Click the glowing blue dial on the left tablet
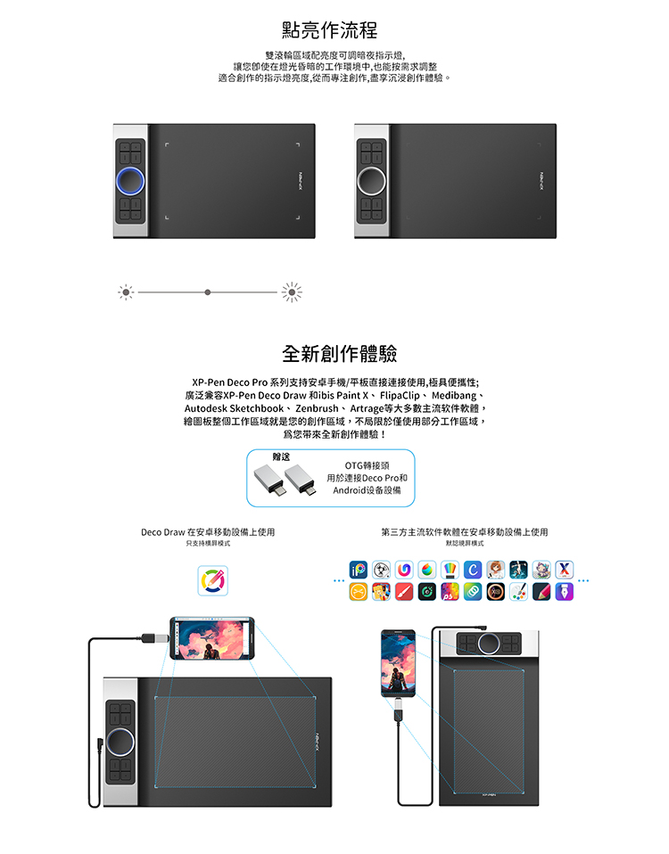coord(130,181)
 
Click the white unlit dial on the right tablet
coord(372,181)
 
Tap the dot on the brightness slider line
coord(208,292)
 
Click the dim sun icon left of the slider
coord(126,292)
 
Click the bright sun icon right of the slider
coord(292,292)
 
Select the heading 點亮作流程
coord(330,30)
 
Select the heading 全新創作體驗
coord(339,354)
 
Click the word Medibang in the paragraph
coord(454,396)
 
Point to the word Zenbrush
coord(317,408)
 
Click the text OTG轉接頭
coord(368,465)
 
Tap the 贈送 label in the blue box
coord(281,457)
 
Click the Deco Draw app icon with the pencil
coord(212,580)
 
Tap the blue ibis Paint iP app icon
coord(358,570)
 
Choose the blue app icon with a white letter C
coord(473,570)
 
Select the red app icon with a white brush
coord(404,592)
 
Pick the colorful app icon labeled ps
coord(450,592)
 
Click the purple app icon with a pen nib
coord(565,592)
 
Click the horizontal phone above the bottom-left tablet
coord(212,638)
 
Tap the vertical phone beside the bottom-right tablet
coord(398,663)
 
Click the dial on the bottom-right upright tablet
coord(489,644)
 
